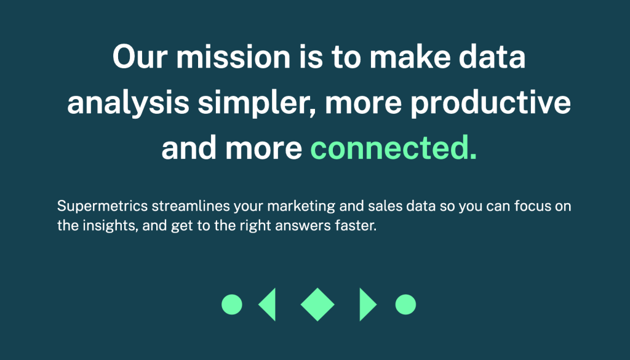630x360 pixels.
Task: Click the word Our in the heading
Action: [140, 57]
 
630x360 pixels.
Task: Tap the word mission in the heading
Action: [233, 57]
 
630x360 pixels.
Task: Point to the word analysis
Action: [128, 103]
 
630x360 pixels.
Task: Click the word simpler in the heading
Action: [257, 103]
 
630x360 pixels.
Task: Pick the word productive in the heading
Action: [490, 103]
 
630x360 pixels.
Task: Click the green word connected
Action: [393, 148]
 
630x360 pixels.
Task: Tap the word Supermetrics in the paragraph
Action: [103, 206]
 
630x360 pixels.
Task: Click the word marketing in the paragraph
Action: [301, 207]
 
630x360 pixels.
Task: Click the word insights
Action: [111, 226]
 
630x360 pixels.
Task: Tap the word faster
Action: [356, 226]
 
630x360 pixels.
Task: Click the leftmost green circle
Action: [232, 304]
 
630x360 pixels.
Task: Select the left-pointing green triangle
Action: [269, 305]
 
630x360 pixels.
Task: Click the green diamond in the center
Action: [317, 305]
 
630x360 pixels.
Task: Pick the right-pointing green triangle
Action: [366, 305]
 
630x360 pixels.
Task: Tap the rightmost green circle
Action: [405, 304]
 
